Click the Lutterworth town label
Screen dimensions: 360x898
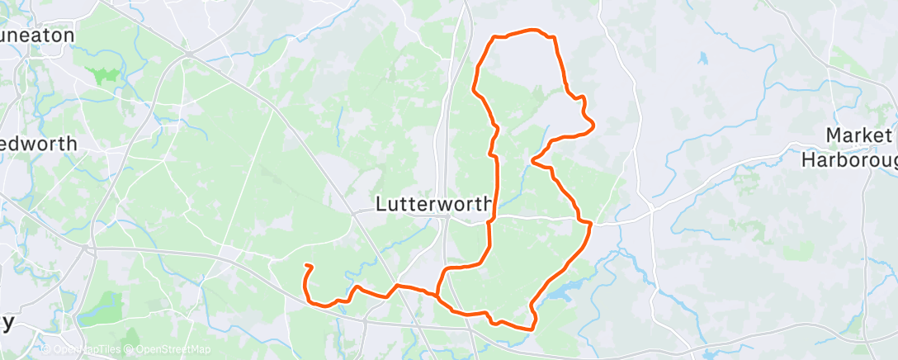433,203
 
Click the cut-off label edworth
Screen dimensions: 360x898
39,143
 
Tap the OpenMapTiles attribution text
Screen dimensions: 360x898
86,350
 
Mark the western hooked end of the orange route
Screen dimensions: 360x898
308,266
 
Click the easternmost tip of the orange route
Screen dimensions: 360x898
593,126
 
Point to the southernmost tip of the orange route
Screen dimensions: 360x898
531,328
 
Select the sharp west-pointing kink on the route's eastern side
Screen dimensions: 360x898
534,160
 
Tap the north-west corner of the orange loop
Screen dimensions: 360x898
494,38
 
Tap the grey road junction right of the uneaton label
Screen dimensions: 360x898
189,54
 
